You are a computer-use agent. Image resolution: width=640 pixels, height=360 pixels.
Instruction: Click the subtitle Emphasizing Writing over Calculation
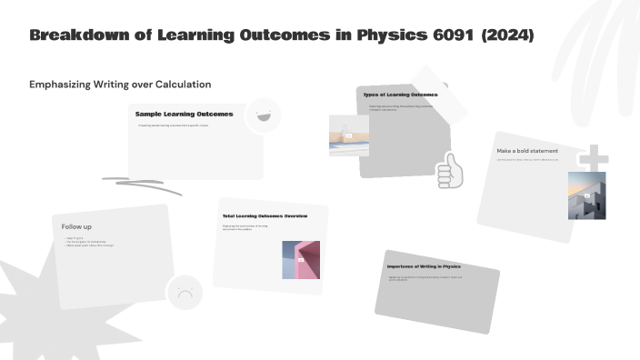coord(120,84)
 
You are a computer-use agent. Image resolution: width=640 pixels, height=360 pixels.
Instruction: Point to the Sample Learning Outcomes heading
coord(184,115)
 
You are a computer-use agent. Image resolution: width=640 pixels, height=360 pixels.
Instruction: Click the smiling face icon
coord(264,115)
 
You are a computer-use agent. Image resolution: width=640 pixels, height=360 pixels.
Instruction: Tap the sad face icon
coord(185,293)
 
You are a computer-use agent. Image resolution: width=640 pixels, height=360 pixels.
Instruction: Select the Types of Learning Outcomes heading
coord(400,95)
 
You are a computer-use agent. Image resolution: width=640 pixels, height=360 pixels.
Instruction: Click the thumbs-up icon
coord(449,170)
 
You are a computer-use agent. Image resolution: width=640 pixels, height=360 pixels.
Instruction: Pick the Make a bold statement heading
coord(527,151)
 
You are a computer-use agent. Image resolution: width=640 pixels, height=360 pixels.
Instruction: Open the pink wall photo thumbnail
coord(301,259)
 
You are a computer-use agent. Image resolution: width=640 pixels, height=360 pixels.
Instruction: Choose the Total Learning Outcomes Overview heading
coord(265,216)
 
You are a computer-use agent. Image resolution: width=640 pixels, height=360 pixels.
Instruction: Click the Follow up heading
coord(76,226)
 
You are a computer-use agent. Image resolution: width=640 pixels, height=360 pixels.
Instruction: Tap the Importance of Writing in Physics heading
coord(424,266)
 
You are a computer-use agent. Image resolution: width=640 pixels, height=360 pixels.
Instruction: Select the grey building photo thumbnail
coord(586,195)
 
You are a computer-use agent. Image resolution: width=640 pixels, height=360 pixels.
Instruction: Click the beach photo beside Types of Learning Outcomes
coord(348,135)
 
